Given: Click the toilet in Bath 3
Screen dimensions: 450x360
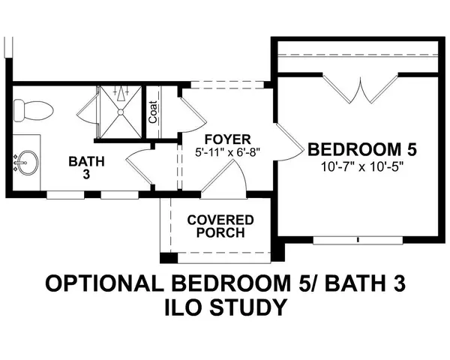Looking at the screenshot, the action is coord(33,110).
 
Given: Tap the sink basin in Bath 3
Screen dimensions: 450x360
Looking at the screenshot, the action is coord(28,163).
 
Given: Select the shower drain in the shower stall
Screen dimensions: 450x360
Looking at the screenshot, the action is coord(121,112).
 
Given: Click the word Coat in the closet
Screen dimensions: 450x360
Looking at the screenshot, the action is coord(153,112).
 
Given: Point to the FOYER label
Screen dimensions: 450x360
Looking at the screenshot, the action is coord(228,139).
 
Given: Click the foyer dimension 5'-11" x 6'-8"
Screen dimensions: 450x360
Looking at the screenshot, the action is coord(227,151).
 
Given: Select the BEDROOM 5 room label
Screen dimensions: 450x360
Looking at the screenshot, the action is coord(362,150).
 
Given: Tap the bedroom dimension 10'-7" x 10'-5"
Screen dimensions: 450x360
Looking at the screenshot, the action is coord(362,166).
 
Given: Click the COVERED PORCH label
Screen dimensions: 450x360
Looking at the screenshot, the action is coord(220,226).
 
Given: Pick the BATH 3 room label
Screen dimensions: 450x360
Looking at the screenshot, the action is coord(86,168).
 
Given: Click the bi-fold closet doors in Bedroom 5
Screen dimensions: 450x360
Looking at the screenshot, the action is coord(361,88).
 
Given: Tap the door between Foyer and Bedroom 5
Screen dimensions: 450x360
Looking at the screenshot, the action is coord(289,142).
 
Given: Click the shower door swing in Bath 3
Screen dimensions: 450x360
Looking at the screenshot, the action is coord(88,109).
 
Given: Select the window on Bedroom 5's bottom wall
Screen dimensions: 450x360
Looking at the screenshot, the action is coord(358,240).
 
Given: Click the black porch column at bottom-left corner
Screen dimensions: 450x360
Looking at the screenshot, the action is coord(169,258).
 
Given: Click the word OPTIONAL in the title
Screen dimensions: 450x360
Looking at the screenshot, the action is coord(104,283).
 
